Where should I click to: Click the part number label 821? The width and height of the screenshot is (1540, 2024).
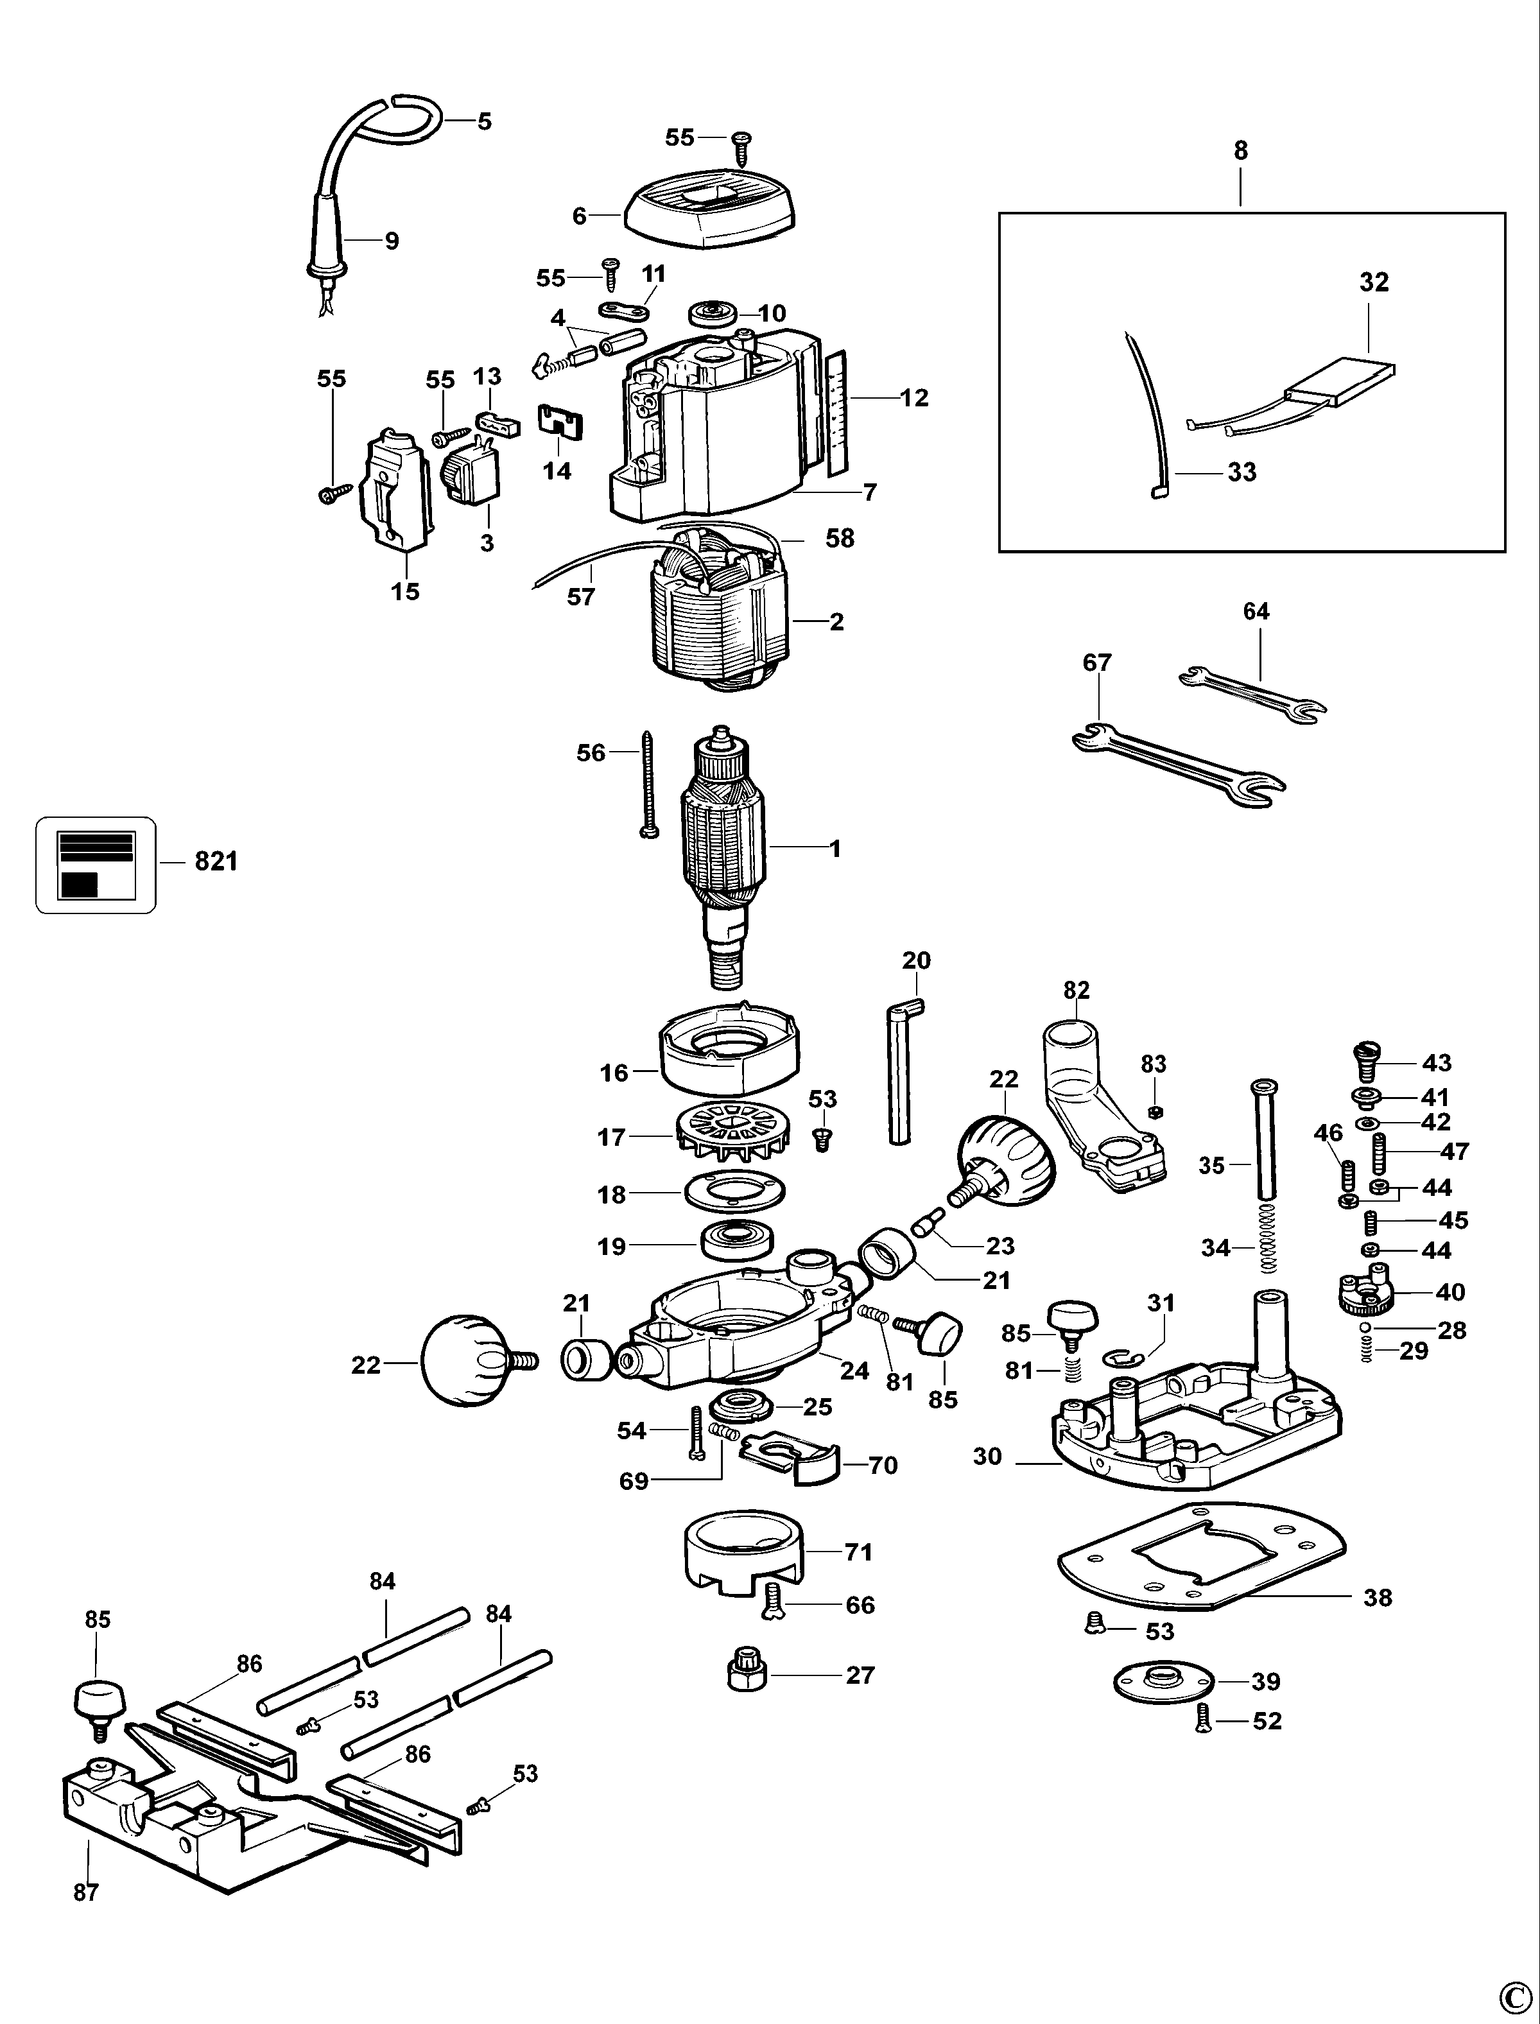[216, 861]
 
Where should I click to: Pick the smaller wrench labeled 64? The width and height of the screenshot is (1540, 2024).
[1251, 693]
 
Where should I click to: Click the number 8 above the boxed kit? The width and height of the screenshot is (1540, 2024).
[1240, 151]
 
